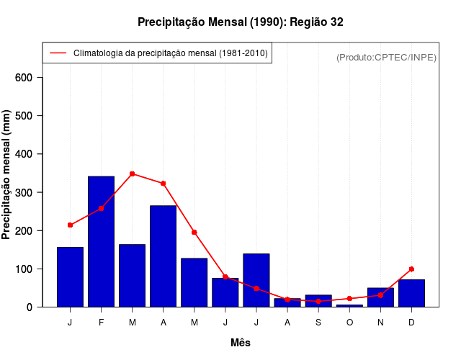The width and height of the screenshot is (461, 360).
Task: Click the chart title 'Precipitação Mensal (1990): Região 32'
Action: click(240, 22)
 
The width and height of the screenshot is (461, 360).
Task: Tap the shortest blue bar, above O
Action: click(349, 305)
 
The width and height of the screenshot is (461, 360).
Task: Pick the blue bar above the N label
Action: click(380, 297)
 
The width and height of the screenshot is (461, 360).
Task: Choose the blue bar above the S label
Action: click(318, 301)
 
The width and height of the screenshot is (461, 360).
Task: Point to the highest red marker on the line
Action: click(132, 174)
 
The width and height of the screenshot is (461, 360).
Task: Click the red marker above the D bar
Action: click(411, 269)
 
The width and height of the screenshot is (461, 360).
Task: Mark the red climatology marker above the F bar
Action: click(101, 208)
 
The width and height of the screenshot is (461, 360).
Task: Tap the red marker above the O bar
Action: click(349, 298)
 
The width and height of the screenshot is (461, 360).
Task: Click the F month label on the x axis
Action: click(101, 323)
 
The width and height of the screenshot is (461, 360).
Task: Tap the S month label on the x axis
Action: click(318, 323)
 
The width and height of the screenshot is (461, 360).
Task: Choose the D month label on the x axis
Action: click(411, 323)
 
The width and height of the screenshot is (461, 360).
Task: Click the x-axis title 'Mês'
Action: click(241, 343)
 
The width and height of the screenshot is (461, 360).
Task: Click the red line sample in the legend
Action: click(58, 53)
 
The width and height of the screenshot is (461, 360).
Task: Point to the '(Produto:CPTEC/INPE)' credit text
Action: click(386, 57)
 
